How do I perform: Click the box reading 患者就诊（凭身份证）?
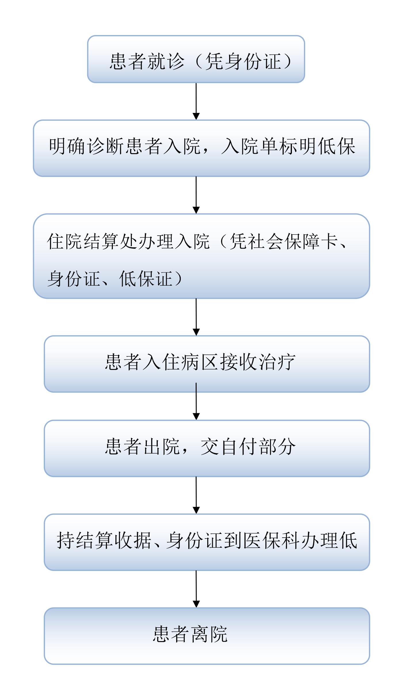pos(196,59)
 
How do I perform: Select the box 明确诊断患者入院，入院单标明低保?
pos(201,148)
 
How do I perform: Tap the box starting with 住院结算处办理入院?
pos(201,256)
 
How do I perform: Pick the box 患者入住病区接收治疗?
pos(207,364)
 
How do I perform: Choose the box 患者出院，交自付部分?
pos(207,448)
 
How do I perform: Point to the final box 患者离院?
pos(207,636)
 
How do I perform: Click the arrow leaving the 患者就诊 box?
pos(196,101)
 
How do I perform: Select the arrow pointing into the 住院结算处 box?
pos(196,195)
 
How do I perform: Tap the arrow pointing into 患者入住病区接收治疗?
pos(196,317)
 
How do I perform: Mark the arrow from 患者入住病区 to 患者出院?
pos(196,401)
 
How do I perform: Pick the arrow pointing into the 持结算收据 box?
pos(196,495)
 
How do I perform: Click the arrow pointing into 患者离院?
pos(196,589)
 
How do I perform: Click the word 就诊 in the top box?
pos(166,61)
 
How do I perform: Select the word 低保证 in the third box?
pos(146,278)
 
